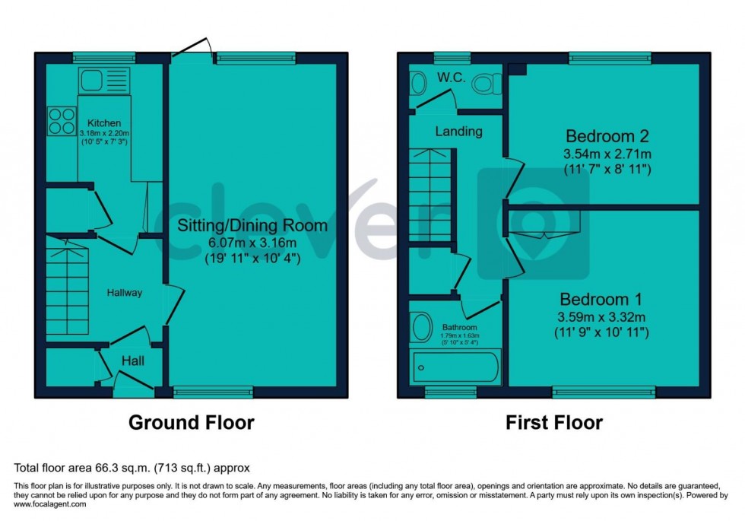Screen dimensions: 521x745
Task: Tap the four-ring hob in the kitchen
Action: [62, 120]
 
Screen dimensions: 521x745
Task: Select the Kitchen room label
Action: [103, 123]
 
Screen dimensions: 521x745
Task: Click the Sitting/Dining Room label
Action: [252, 225]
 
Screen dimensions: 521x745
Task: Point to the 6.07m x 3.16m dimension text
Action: [252, 242]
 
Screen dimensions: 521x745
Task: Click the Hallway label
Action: [124, 292]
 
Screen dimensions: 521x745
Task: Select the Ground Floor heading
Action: [191, 422]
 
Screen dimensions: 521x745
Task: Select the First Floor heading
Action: [554, 422]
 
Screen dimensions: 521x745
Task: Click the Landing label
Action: [458, 132]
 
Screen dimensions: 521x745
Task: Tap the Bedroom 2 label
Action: [607, 137]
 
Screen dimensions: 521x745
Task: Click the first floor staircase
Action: [431, 195]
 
